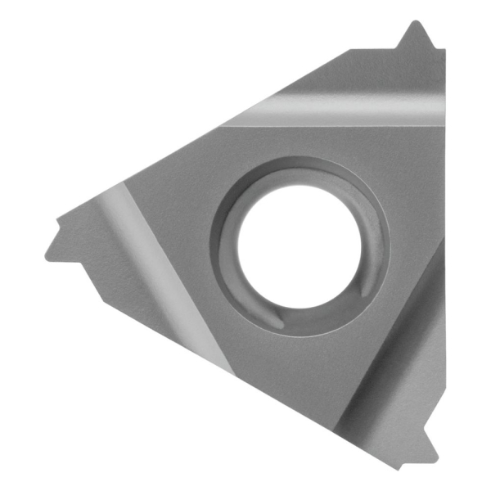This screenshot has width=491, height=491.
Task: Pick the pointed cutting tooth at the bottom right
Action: click(x=428, y=454)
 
